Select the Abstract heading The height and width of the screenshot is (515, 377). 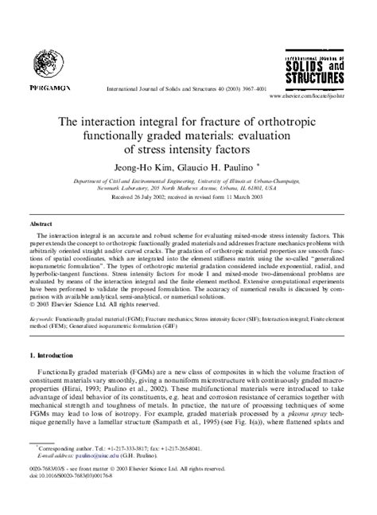coord(41,224)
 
